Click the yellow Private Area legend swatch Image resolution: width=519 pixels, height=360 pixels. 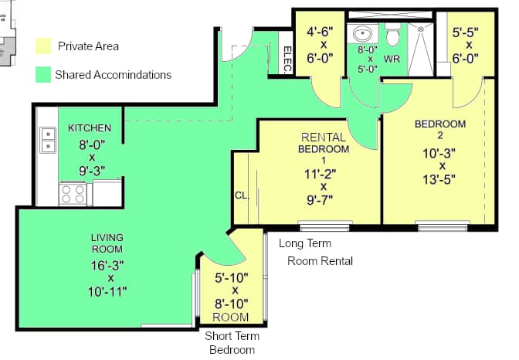coord(43,46)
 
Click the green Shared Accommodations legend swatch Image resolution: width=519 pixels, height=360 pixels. coord(43,75)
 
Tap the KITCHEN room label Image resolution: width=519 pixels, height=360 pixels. coord(90,127)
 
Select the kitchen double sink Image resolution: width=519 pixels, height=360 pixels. coord(48,140)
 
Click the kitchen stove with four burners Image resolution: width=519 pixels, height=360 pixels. coord(73,193)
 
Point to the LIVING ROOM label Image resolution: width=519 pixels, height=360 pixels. coord(107,243)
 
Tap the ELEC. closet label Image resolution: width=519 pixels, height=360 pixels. coord(287,59)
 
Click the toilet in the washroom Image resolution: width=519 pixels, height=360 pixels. coord(393,34)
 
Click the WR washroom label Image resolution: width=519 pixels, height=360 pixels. coord(392,59)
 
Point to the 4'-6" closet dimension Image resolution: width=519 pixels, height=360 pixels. coord(320,33)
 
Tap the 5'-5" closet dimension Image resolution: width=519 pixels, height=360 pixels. coord(467,33)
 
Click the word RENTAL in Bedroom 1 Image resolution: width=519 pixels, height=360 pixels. coord(323,137)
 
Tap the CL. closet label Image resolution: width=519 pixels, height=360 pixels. coord(240,195)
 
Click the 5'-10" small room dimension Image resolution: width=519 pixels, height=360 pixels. coord(230,277)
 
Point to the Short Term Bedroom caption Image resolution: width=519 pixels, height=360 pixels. coord(232,342)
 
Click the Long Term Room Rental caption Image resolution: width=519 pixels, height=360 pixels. coord(316,252)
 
